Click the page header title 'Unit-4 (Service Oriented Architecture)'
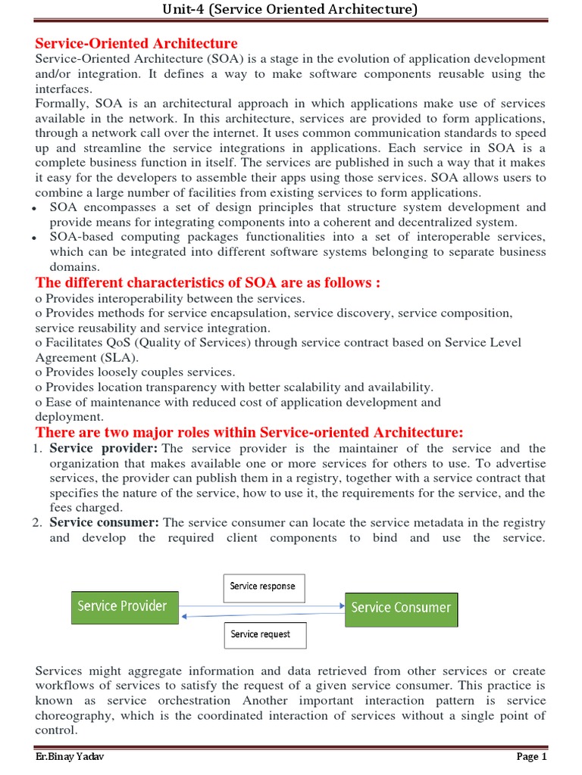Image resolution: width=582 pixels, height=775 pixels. (x=290, y=9)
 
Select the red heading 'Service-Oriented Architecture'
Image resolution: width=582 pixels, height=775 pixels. (x=136, y=43)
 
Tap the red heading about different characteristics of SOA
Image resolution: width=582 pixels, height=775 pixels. (x=208, y=282)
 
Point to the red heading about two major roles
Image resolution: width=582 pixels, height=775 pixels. (x=249, y=432)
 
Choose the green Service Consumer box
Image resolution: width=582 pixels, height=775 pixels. (x=401, y=608)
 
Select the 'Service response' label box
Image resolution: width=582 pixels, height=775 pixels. (x=262, y=587)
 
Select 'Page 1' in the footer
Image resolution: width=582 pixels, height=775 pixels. (x=531, y=758)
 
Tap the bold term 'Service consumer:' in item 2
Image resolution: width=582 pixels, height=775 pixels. (x=105, y=523)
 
